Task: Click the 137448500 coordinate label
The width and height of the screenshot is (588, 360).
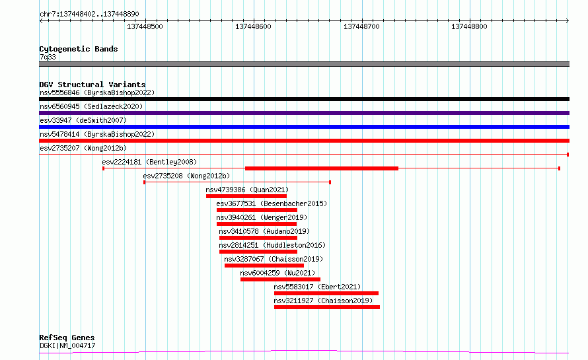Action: (x=145, y=26)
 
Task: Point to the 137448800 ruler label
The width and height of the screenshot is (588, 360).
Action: (x=469, y=26)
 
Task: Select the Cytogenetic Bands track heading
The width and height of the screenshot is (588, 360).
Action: (x=79, y=49)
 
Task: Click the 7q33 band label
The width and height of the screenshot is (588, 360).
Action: (x=48, y=57)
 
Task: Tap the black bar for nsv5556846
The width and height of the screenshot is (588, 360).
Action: (x=304, y=99)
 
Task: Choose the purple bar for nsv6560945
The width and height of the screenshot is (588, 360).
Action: (x=304, y=113)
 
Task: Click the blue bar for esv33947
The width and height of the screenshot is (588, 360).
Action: (x=304, y=127)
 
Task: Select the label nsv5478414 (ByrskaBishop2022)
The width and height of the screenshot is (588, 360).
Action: (x=97, y=134)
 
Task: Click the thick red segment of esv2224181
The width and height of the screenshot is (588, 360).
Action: (x=322, y=168)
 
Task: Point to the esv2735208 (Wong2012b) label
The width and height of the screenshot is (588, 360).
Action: (x=186, y=176)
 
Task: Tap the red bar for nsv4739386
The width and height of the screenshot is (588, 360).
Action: (x=246, y=196)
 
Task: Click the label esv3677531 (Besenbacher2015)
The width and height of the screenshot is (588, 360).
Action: (x=272, y=203)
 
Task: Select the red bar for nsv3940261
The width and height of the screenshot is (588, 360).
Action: (x=256, y=224)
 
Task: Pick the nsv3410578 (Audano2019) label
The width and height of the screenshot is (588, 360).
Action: (x=264, y=231)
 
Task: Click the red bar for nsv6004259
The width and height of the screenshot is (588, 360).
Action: (x=281, y=279)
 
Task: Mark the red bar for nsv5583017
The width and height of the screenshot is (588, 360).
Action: (x=326, y=293)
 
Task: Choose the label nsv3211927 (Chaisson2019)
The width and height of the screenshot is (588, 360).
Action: (x=323, y=301)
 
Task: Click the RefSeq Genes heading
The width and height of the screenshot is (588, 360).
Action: (x=67, y=338)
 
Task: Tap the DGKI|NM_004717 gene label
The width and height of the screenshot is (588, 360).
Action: (x=67, y=345)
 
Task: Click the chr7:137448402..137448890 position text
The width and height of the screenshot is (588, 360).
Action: (x=89, y=15)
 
